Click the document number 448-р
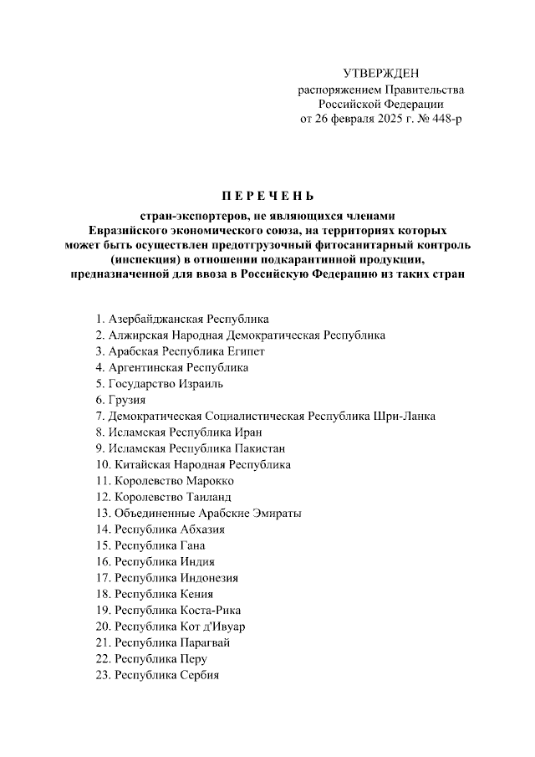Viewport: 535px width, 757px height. (x=442, y=120)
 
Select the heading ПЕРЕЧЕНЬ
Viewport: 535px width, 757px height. (x=267, y=197)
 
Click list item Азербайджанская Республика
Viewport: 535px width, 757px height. (x=188, y=319)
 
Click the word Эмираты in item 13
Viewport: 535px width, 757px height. (x=272, y=513)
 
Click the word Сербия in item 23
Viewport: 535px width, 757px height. (x=199, y=675)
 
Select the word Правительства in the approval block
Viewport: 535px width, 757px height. (x=425, y=90)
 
